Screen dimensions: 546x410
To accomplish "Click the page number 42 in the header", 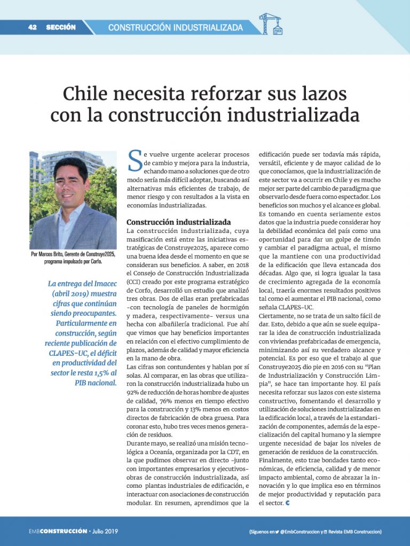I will click(32, 27).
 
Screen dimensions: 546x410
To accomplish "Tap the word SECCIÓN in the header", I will click(61, 27).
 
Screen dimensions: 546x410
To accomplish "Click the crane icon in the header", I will click(270, 24).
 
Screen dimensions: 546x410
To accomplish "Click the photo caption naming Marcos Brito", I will click(73, 258).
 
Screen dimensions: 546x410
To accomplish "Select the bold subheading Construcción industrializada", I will click(178, 222).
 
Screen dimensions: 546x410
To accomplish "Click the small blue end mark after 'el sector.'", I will click(288, 503).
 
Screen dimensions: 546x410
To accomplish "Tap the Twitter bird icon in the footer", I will click(278, 532).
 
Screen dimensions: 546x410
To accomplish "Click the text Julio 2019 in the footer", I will click(105, 532).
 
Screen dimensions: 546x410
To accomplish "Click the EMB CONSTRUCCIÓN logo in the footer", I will click(58, 532).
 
